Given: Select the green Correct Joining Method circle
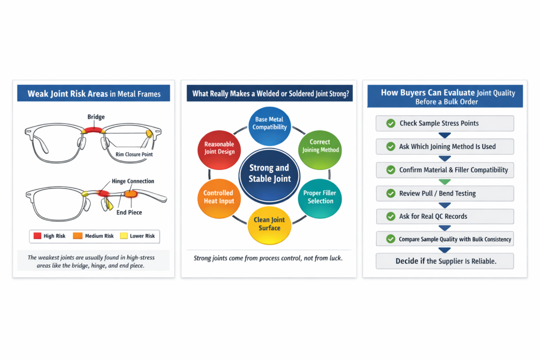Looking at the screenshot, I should click(320, 146).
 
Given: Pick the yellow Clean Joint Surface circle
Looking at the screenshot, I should click(269, 223).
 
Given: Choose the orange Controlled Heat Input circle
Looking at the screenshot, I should click(218, 197).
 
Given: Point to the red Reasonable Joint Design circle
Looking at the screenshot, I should click(219, 148).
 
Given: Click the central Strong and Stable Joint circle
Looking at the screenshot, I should click(269, 173).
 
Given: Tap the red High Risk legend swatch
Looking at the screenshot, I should click(37, 236).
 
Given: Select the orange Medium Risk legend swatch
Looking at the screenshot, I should click(78, 236).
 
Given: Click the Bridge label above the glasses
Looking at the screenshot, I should click(96, 117).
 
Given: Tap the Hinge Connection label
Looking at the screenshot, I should click(133, 181).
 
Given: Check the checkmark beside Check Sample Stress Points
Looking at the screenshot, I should click(391, 123).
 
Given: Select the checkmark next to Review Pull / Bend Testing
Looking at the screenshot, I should click(391, 193).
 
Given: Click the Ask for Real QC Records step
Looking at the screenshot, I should click(445, 216).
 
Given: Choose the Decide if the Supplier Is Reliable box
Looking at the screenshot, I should click(445, 261).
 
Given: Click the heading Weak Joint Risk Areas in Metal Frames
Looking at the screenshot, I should click(94, 94).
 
